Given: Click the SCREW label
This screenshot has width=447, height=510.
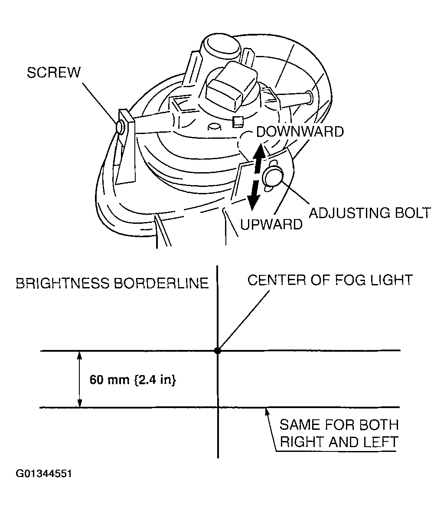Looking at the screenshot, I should tap(53, 72).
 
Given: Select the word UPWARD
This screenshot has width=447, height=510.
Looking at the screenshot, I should tap(271, 224).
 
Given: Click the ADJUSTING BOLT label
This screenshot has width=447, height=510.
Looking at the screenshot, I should tap(370, 213).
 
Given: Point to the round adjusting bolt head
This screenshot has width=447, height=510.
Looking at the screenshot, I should tap(273, 177).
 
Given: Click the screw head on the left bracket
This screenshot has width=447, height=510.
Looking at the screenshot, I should tap(121, 126).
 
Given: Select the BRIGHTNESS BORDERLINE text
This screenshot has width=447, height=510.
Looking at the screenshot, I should tap(112, 284).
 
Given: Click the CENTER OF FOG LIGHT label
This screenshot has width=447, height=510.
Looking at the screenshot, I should tap(330, 280).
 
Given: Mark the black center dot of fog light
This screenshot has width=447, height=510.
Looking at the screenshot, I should tap(218, 350).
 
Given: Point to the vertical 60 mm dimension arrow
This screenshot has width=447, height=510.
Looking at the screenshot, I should tap(79, 379).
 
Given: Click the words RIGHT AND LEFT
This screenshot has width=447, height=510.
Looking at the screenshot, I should tap(339, 442).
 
